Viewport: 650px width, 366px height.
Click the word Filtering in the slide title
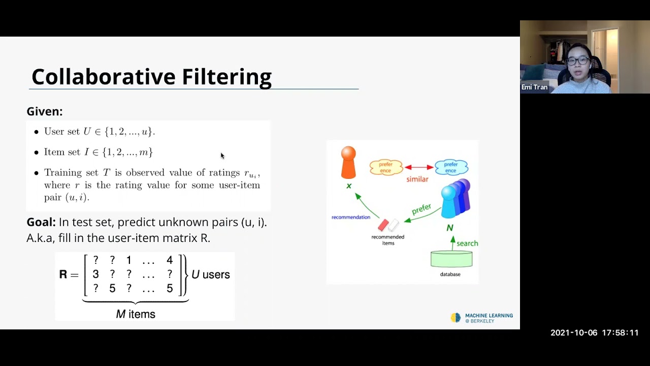tap(226, 77)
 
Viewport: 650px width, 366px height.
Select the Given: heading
tap(45, 111)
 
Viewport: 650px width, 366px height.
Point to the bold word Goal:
tap(41, 222)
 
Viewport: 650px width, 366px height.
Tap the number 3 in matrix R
tap(95, 274)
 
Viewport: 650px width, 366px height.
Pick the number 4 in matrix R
tap(169, 260)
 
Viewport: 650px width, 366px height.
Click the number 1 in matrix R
tap(128, 260)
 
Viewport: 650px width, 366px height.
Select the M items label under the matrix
tap(136, 314)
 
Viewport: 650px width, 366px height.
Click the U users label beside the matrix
tap(210, 274)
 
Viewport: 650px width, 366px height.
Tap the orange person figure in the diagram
tap(348, 163)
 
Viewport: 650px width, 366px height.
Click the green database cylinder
tap(451, 259)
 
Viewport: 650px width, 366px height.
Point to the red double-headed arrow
tap(419, 167)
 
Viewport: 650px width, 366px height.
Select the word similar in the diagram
tap(417, 179)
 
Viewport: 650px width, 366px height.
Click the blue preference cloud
tap(451, 167)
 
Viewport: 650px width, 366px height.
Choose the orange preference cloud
tap(386, 167)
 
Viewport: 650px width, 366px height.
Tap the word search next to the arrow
tap(467, 243)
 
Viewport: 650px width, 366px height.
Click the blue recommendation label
tap(351, 217)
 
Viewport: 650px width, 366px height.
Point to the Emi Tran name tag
tap(535, 87)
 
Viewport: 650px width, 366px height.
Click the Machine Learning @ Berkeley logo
tap(482, 318)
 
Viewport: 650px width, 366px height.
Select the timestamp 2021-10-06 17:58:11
tap(594, 333)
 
